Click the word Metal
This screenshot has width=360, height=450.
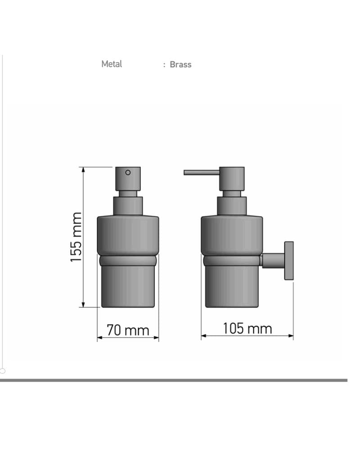[x=112, y=64]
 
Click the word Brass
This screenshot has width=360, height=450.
[x=180, y=64]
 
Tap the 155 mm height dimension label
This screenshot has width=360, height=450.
[x=76, y=237]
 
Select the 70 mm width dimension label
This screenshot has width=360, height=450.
[x=128, y=330]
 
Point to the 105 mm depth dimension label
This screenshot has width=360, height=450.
[x=247, y=328]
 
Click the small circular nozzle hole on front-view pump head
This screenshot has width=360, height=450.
[x=128, y=172]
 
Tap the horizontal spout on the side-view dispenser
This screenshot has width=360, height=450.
[x=202, y=172]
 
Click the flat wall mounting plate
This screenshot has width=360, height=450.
[x=289, y=261]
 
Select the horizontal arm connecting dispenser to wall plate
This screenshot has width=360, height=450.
[x=273, y=261]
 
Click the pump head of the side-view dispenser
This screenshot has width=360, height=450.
[x=232, y=179]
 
